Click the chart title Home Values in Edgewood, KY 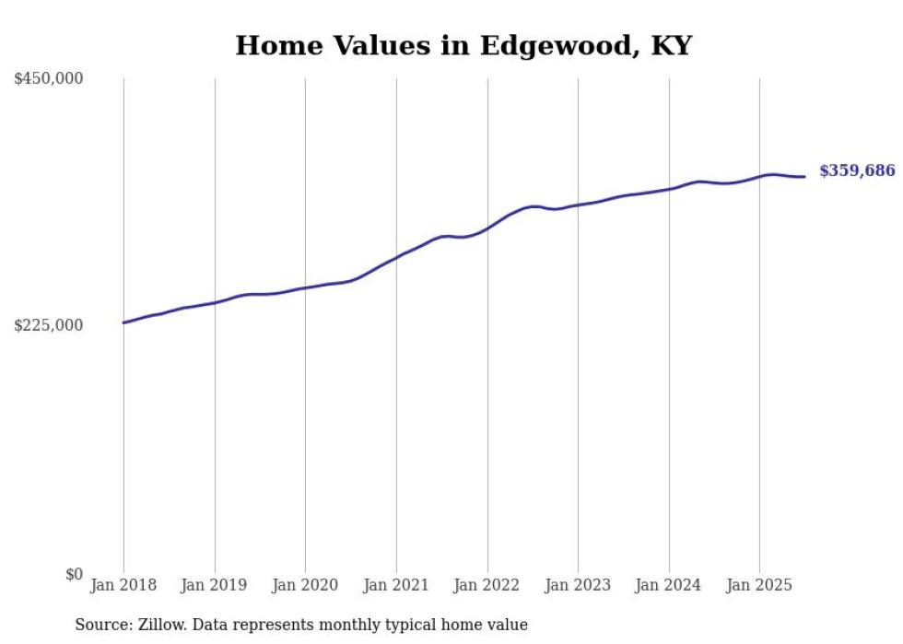(463, 45)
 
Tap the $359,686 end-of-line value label (856, 170)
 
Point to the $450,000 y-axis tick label (49, 79)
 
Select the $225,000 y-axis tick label (49, 325)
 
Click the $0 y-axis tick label (74, 574)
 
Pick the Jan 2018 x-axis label (123, 585)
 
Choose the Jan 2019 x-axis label (215, 585)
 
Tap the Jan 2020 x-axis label (305, 585)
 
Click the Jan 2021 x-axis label (396, 585)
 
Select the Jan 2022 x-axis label (487, 585)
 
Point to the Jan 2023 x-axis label (578, 585)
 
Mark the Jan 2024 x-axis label (669, 585)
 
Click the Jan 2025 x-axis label (759, 585)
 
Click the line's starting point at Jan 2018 (123, 322)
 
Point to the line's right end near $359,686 (804, 177)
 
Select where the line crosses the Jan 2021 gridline (396, 257)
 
